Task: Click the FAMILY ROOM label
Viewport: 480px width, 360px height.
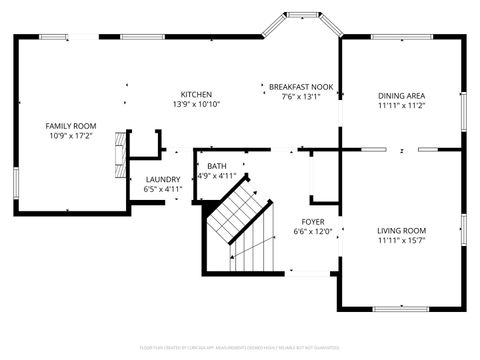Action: point(71,126)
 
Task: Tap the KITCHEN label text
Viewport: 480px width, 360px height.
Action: point(196,94)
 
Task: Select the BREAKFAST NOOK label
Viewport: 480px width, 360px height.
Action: point(300,87)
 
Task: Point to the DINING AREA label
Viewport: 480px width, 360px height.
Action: point(402,96)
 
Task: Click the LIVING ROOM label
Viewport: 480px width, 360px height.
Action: point(402,231)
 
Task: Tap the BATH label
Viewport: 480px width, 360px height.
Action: point(215,167)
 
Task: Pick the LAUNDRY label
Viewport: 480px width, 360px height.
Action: point(163,179)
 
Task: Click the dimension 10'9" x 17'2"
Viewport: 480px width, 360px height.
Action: point(71,135)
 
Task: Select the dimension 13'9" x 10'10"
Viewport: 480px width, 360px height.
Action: point(196,104)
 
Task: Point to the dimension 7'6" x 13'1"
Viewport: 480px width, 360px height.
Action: point(300,97)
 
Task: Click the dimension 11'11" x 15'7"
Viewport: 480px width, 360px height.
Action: point(402,240)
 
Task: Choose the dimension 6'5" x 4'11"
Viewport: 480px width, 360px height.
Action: point(163,188)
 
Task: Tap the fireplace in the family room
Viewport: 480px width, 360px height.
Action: point(120,150)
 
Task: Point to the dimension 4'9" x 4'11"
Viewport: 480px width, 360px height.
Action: point(215,176)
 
